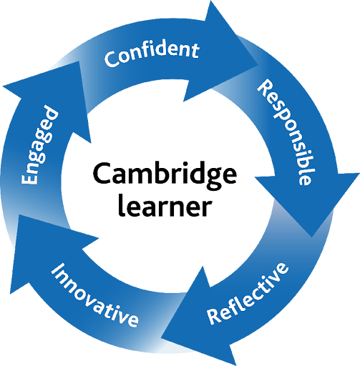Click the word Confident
point(152,55)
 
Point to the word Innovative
point(94,295)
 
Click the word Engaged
point(39,145)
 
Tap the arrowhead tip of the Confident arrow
point(258,64)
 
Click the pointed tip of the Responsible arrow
point(312,237)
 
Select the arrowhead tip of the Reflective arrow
point(161,337)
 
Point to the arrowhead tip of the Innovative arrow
point(19,214)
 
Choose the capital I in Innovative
point(57,270)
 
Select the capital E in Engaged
point(29,177)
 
